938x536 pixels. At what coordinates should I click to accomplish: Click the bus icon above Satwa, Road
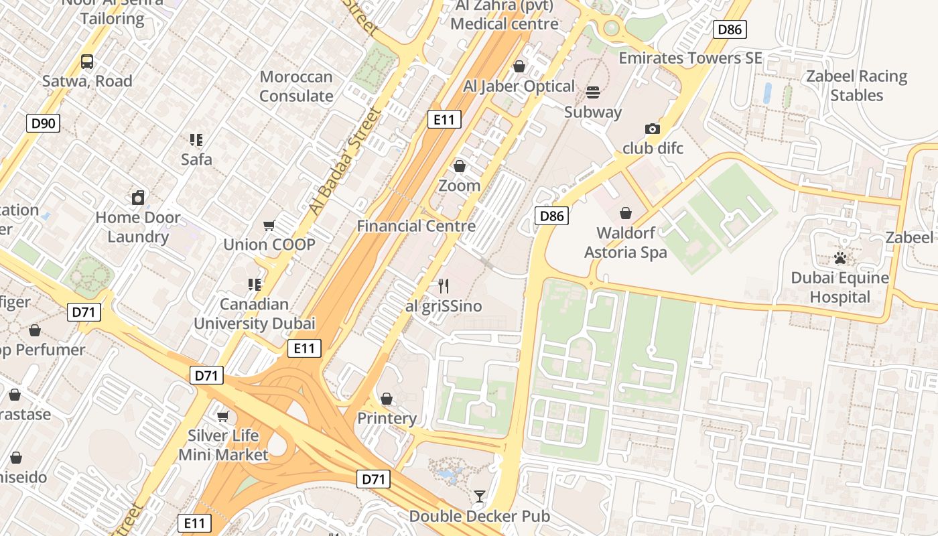coord(87,62)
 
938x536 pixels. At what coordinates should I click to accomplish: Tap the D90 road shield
coord(44,123)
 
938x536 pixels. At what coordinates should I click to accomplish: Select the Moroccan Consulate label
coord(296,86)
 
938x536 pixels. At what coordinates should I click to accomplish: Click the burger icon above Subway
coord(593,92)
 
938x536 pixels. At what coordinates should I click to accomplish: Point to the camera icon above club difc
coord(653,129)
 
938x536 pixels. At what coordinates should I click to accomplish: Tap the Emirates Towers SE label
coord(690,58)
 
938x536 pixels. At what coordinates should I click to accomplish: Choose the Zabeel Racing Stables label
coord(856,86)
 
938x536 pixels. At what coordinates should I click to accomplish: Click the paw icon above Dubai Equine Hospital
coord(840,258)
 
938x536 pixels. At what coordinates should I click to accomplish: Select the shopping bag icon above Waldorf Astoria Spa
coord(625,213)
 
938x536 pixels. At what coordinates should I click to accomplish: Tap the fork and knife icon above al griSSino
coord(444,286)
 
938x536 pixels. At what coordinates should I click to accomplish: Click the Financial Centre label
coord(416,226)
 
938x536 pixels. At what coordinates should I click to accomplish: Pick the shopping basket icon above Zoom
coord(460,165)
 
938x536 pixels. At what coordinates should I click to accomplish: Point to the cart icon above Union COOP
coord(269,225)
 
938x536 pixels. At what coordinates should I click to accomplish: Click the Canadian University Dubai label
coord(254,314)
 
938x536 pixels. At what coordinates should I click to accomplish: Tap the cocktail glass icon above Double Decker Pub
coord(480,496)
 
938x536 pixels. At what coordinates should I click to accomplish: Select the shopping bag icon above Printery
coord(387,399)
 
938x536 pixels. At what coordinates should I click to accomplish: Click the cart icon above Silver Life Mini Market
coord(223,416)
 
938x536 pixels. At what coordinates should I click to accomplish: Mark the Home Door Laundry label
coord(137,227)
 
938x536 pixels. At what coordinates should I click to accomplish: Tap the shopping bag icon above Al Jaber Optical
coord(519,66)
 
